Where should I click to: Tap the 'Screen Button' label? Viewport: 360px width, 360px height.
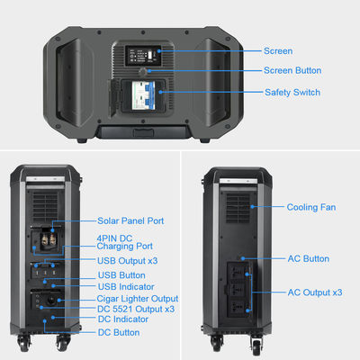point(292,70)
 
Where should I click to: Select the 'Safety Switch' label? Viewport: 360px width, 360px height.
point(292,92)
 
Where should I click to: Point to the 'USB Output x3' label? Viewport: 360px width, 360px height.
point(128,261)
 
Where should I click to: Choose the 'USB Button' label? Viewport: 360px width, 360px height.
point(121,274)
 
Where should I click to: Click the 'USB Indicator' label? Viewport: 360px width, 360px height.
point(125,286)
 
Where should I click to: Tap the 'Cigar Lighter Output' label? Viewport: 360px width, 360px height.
point(137,298)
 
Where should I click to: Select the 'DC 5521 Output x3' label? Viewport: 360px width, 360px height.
point(135,309)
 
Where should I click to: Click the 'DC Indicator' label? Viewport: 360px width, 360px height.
point(123,319)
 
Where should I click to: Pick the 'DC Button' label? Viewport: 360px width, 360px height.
point(119,332)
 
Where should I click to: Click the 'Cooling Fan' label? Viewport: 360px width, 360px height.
point(311,207)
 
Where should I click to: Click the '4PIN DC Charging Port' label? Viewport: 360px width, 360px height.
point(124,240)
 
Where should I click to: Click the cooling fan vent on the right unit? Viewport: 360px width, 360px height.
point(238,210)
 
